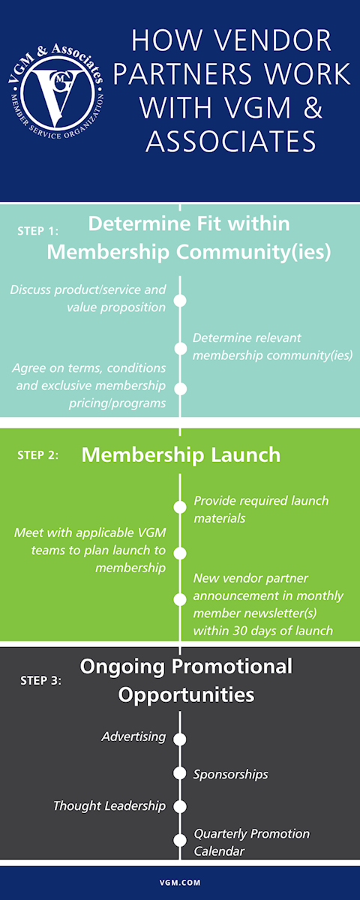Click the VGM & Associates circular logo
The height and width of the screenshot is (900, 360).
click(x=56, y=91)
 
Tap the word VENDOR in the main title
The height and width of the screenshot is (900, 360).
click(x=272, y=40)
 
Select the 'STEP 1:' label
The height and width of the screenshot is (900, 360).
click(x=37, y=231)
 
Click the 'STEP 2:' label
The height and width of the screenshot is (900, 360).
click(x=37, y=454)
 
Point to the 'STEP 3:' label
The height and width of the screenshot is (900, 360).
click(x=41, y=680)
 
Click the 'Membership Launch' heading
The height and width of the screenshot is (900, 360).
click(x=181, y=454)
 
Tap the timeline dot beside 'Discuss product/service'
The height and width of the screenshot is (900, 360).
click(x=180, y=301)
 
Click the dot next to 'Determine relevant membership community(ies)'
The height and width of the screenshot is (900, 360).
click(x=180, y=348)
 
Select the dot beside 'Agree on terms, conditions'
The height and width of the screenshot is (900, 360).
click(x=180, y=389)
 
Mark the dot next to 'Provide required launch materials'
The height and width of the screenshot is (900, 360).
click(x=180, y=507)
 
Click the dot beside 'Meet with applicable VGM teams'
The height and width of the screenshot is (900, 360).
click(x=180, y=553)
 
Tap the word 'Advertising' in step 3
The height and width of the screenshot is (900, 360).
click(x=133, y=736)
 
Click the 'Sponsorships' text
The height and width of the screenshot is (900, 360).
click(x=231, y=774)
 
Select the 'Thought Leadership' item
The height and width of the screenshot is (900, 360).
click(x=109, y=805)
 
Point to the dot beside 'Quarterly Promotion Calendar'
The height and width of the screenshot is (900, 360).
click(x=180, y=840)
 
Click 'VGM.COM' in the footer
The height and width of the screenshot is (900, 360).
click(x=180, y=883)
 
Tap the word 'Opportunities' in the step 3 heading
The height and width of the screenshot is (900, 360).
click(x=186, y=694)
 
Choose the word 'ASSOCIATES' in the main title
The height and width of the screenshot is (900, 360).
click(x=232, y=141)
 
